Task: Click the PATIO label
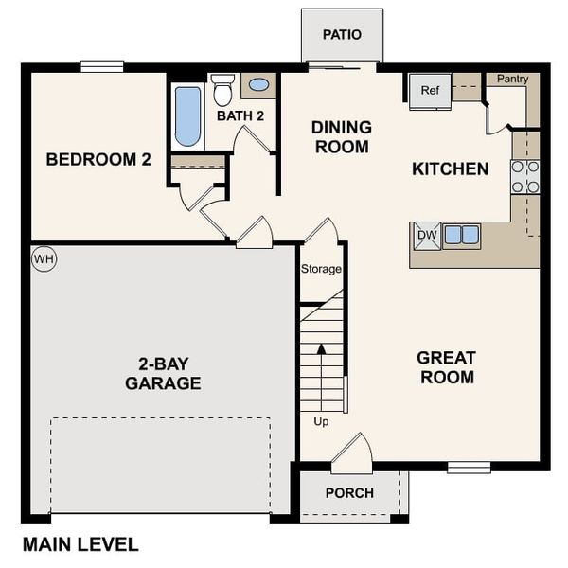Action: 342,35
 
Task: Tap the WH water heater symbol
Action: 44,258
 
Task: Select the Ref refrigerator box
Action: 430,91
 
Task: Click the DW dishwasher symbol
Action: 426,236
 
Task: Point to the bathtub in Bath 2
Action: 188,116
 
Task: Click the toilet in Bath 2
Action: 223,91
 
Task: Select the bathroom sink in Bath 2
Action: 257,85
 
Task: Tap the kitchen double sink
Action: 461,235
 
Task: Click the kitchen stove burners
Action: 525,176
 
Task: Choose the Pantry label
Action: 512,80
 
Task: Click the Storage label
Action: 321,270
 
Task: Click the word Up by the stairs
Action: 321,421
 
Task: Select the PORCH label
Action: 349,493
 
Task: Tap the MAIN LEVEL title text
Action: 80,544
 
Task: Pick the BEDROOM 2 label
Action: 98,160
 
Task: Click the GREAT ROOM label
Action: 446,367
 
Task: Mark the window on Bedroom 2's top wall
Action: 102,66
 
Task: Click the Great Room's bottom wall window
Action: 469,467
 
